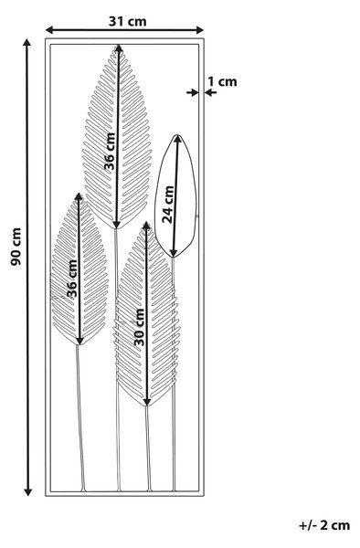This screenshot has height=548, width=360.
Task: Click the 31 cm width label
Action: pos(128,22)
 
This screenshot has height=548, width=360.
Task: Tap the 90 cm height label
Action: pos(16,247)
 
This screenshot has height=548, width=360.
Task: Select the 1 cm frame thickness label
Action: pos(223,82)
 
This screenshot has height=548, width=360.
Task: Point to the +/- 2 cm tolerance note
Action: pos(324,525)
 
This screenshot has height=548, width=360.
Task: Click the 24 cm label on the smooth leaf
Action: pos(168,205)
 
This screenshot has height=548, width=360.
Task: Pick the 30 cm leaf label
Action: pos(140,327)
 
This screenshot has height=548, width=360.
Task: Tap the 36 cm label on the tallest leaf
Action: pos(110,151)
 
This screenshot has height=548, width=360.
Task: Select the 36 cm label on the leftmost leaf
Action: pos(72,279)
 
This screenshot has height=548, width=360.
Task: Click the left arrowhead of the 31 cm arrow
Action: pos(49,30)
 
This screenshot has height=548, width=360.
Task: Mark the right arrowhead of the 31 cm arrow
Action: pos(200,30)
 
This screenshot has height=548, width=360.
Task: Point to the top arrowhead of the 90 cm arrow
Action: pos(26,43)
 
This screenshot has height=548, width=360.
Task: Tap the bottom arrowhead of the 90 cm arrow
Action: pos(27,491)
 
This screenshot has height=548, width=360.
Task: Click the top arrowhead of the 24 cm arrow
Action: pos(177,139)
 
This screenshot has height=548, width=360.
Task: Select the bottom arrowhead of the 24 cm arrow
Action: pos(174,253)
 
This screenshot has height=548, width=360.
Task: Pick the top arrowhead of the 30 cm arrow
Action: pos(146,226)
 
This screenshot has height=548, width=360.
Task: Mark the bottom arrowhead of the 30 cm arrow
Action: pos(147,402)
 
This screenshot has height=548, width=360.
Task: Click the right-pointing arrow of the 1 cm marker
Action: pos(192,92)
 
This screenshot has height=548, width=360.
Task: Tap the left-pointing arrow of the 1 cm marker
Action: pos(211,92)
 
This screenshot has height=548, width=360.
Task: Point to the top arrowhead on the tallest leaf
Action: pos(119,48)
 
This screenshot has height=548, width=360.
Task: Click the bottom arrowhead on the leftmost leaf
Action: pos(80,341)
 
